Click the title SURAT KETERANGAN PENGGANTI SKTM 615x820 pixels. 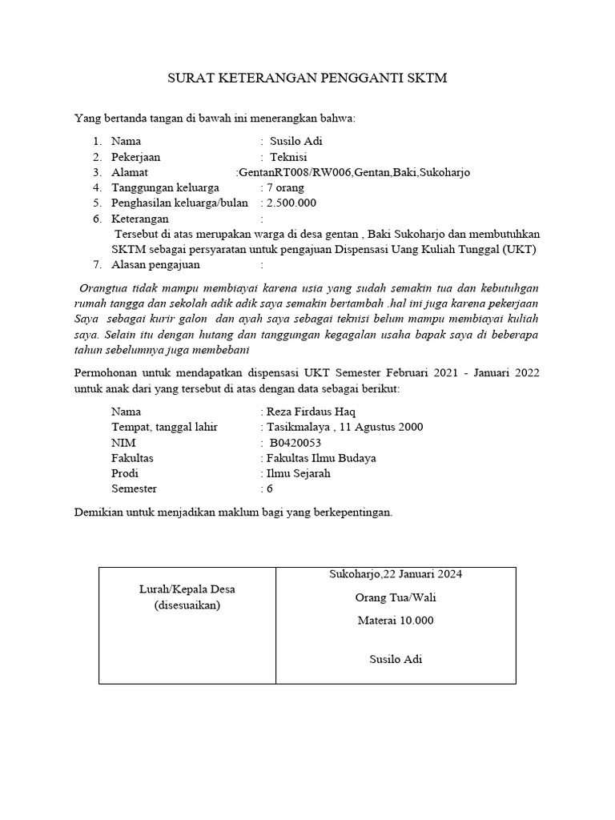click(307, 78)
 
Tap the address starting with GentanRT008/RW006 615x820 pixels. click(354, 172)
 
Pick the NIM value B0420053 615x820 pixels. click(295, 442)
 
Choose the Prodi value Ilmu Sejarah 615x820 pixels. click(298, 473)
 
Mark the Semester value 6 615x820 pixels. click(270, 488)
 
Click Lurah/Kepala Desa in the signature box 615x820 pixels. click(187, 589)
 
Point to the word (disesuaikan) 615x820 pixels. click(187, 605)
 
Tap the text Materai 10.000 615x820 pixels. click(396, 621)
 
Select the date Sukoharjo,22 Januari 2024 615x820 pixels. click(396, 574)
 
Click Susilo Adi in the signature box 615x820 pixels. click(396, 660)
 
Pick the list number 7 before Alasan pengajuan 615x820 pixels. click(96, 264)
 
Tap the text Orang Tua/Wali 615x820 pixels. click(396, 597)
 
